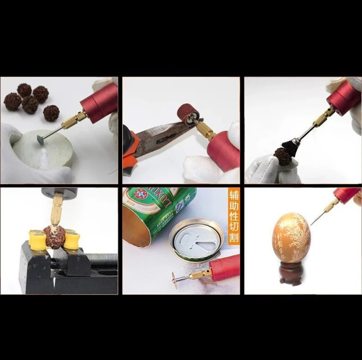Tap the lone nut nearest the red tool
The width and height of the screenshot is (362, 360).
pos(52,112)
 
